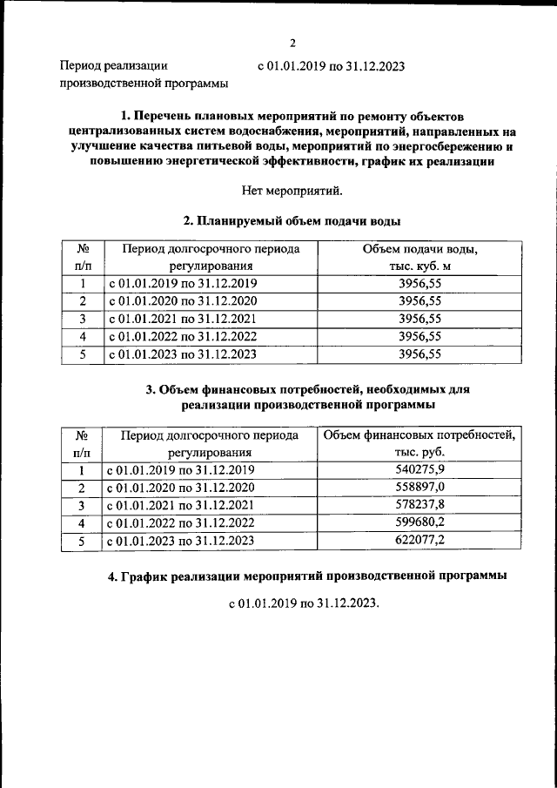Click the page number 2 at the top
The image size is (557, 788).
293,43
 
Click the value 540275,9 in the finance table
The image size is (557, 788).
419,469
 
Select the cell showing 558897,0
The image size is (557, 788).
419,487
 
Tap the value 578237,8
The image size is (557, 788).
419,505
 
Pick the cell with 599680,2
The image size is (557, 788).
419,523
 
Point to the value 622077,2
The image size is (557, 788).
419,542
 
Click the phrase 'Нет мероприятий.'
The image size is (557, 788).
293,191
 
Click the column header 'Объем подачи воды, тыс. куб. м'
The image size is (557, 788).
419,258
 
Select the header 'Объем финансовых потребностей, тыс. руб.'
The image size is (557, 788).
419,443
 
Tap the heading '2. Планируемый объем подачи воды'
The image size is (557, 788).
293,221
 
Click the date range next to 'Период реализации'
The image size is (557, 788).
332,65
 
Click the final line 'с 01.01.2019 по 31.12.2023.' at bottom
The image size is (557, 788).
305,603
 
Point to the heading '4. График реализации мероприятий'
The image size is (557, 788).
300,576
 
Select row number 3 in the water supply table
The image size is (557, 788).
82,319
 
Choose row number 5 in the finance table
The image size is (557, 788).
82,542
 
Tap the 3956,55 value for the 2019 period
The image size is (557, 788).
419,283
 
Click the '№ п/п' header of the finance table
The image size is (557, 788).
82,443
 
